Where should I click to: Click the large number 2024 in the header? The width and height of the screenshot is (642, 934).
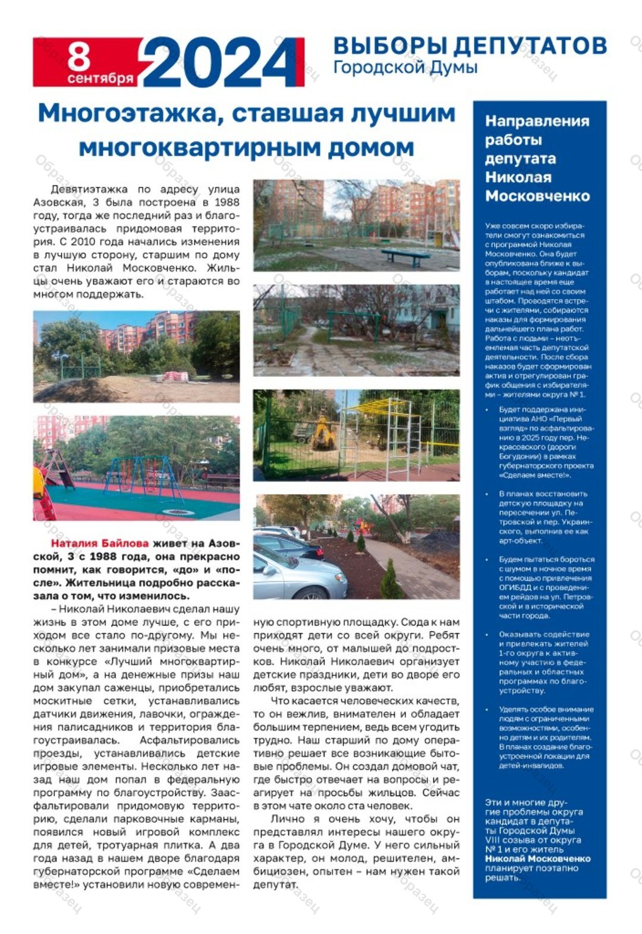coord(220,61)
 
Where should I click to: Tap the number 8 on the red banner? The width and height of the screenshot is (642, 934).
coord(78,56)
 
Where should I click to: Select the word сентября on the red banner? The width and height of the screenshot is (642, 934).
coord(100,78)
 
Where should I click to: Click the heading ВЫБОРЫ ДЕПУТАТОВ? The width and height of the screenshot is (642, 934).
coord(470,46)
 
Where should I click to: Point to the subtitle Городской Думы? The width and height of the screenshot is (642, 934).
coord(405,67)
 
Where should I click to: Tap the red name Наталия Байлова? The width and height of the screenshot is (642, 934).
coord(99,543)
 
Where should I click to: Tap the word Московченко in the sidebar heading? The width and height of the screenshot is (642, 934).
coord(537,196)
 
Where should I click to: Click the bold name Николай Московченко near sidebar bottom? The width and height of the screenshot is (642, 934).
coord(537,858)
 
